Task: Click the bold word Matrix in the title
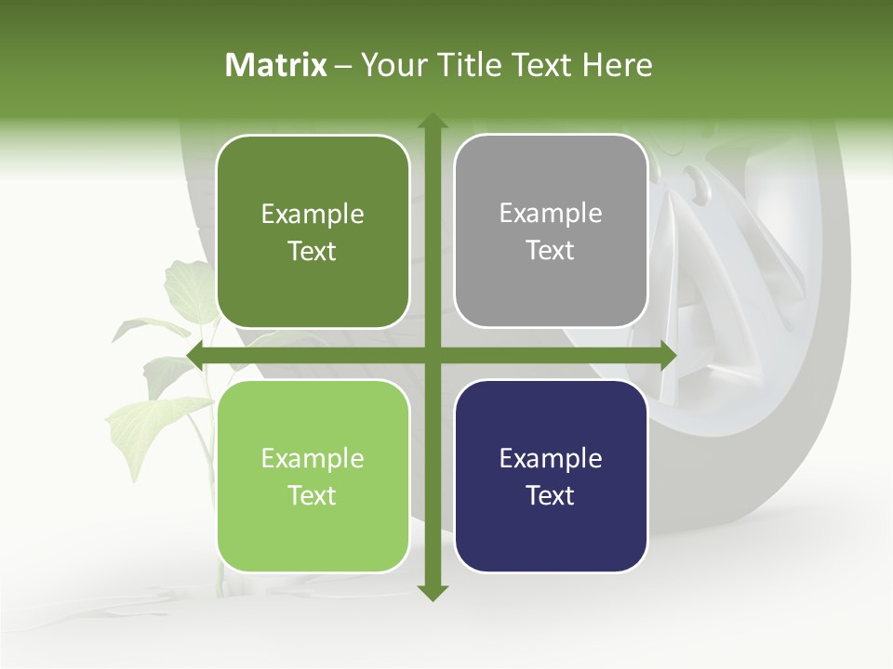[275, 65]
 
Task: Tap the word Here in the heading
[618, 65]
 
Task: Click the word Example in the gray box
[551, 214]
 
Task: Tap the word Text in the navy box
[551, 496]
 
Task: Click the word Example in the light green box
[313, 459]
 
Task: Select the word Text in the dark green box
[313, 252]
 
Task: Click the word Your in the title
[391, 65]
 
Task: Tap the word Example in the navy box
[551, 459]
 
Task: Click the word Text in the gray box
[551, 251]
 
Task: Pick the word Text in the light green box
[313, 496]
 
